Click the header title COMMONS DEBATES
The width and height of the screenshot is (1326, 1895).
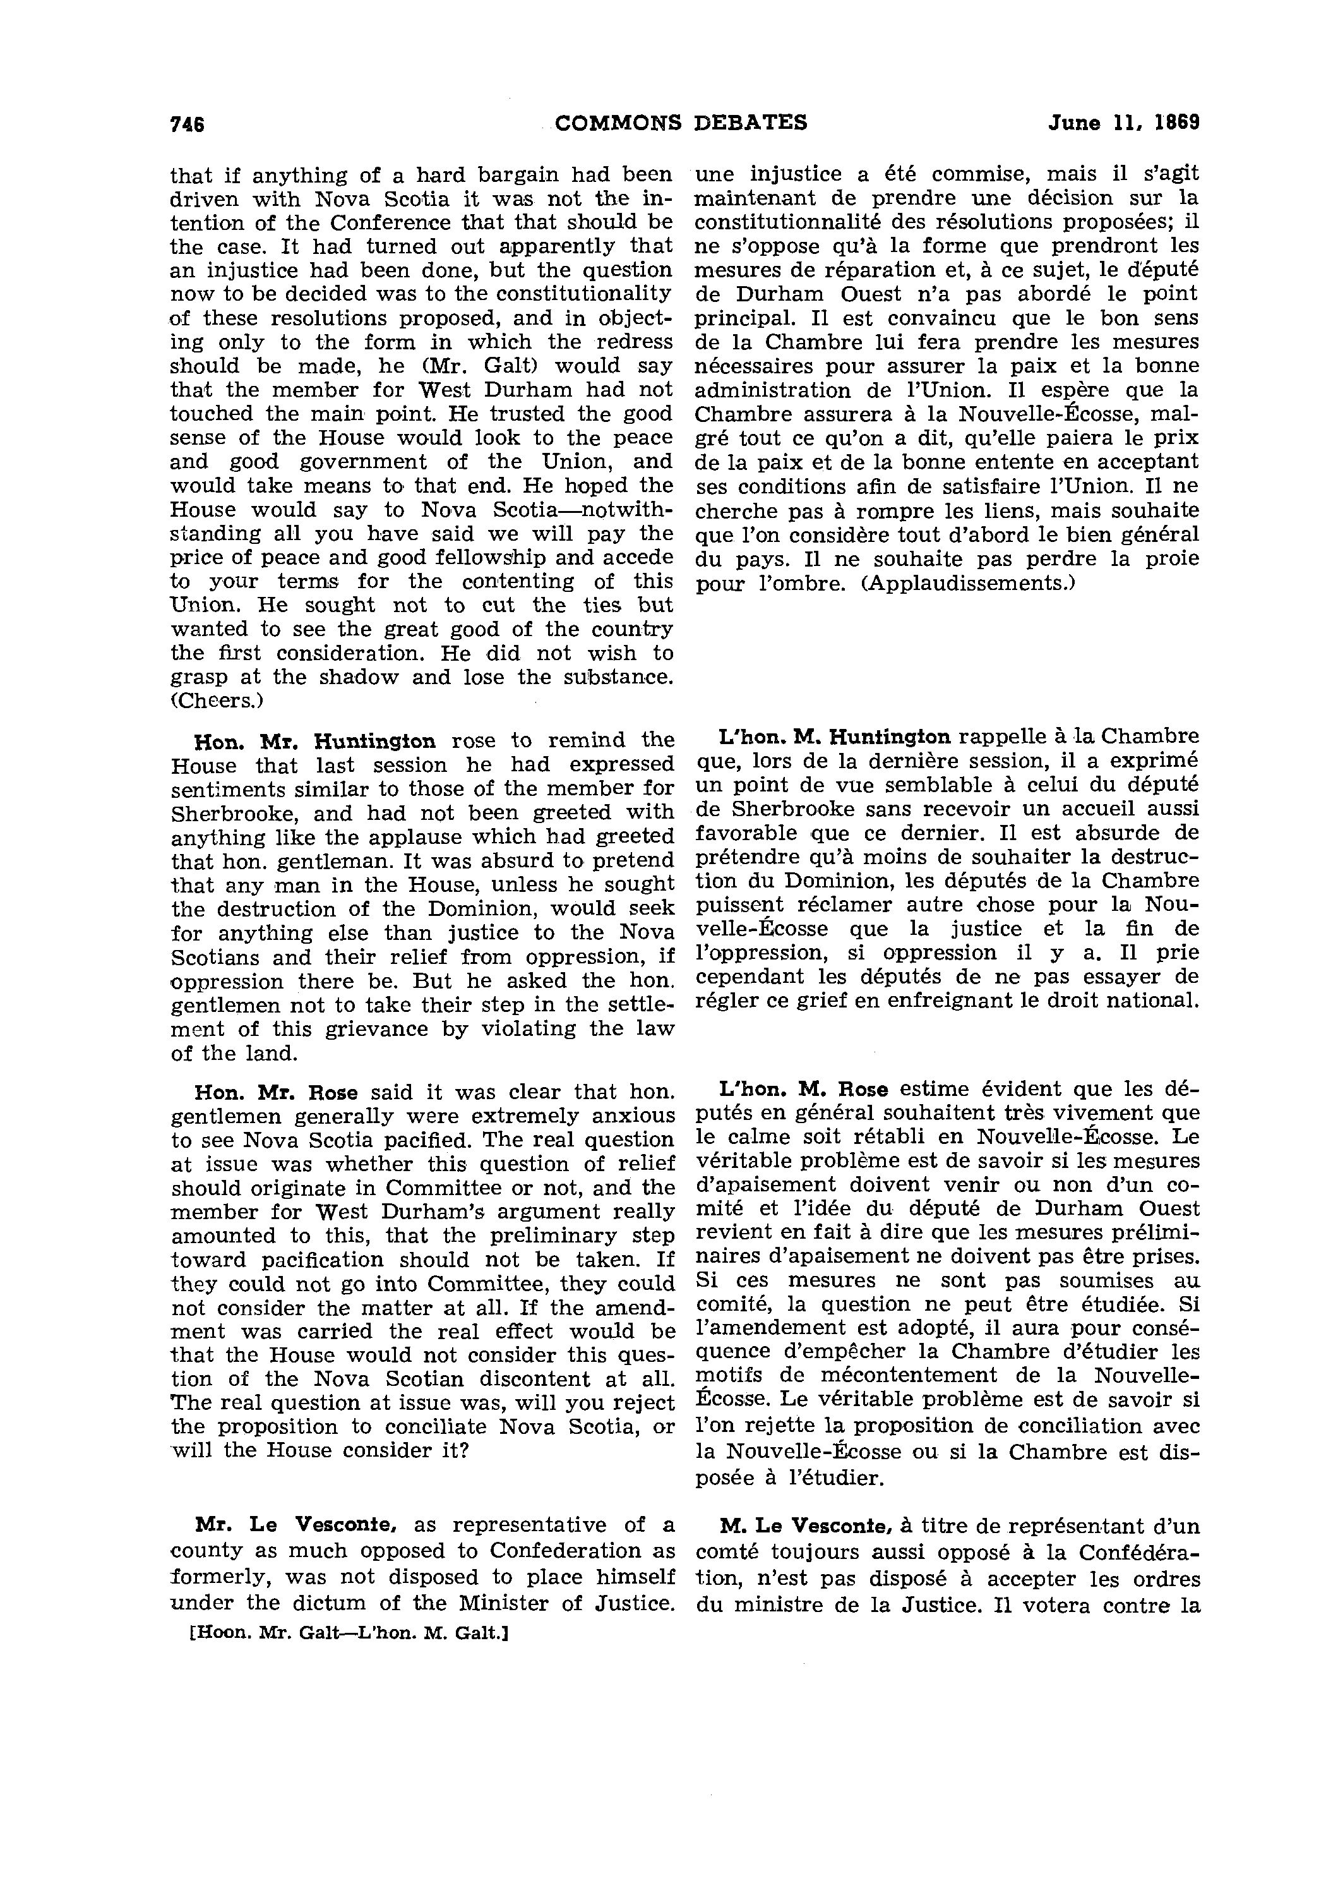click(x=681, y=123)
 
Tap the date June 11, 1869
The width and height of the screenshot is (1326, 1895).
click(x=1123, y=123)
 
